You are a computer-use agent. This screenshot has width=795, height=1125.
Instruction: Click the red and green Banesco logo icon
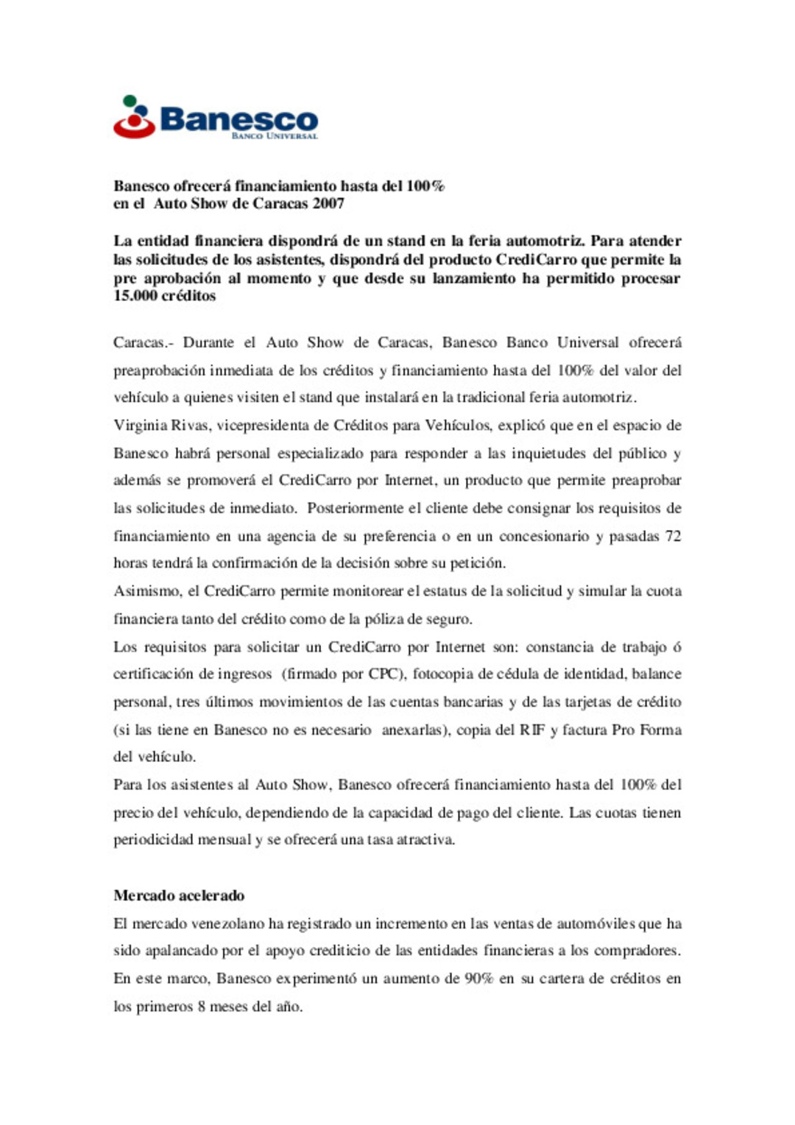click(133, 117)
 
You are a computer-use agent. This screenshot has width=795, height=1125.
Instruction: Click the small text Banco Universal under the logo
click(275, 136)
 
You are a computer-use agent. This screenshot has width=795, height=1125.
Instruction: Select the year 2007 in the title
click(328, 204)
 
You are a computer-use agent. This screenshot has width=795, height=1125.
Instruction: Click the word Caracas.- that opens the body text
click(143, 342)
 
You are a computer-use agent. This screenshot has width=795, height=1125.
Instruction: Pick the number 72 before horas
click(673, 536)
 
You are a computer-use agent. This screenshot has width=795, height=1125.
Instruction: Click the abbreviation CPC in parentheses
click(382, 674)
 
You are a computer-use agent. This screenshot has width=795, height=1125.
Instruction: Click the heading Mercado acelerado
click(179, 896)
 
